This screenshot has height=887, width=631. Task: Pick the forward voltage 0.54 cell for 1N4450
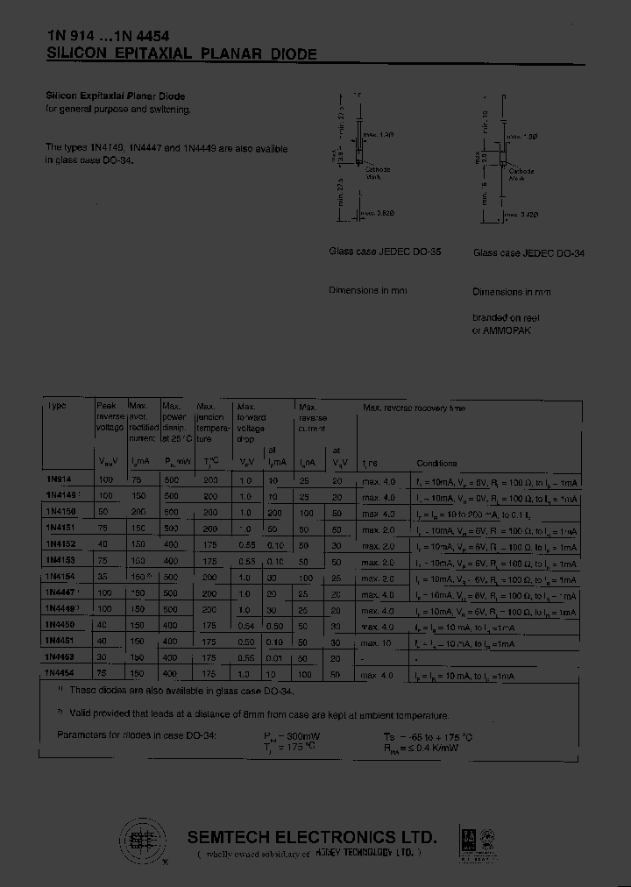pos(247,626)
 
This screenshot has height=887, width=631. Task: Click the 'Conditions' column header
pos(436,463)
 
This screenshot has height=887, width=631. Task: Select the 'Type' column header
pos(57,407)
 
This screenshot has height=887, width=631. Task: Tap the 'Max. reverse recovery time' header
pos(414,408)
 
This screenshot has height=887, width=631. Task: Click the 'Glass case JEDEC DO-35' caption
pos(385,252)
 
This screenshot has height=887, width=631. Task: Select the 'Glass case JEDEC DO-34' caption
pos(528,252)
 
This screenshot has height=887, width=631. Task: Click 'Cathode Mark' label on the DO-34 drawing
pos(524,174)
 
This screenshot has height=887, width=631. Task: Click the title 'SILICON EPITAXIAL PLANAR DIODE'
pos(181,53)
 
